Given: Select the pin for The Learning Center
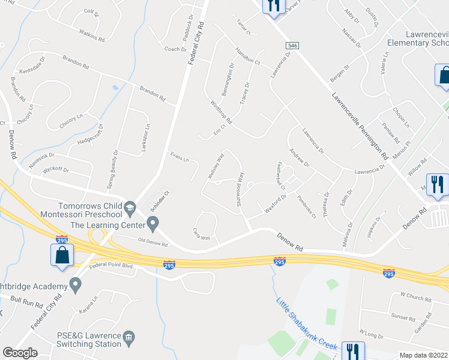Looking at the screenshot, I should click(x=153, y=225).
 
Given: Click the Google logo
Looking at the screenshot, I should click(x=20, y=353).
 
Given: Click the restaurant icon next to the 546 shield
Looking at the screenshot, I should click(x=273, y=6).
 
